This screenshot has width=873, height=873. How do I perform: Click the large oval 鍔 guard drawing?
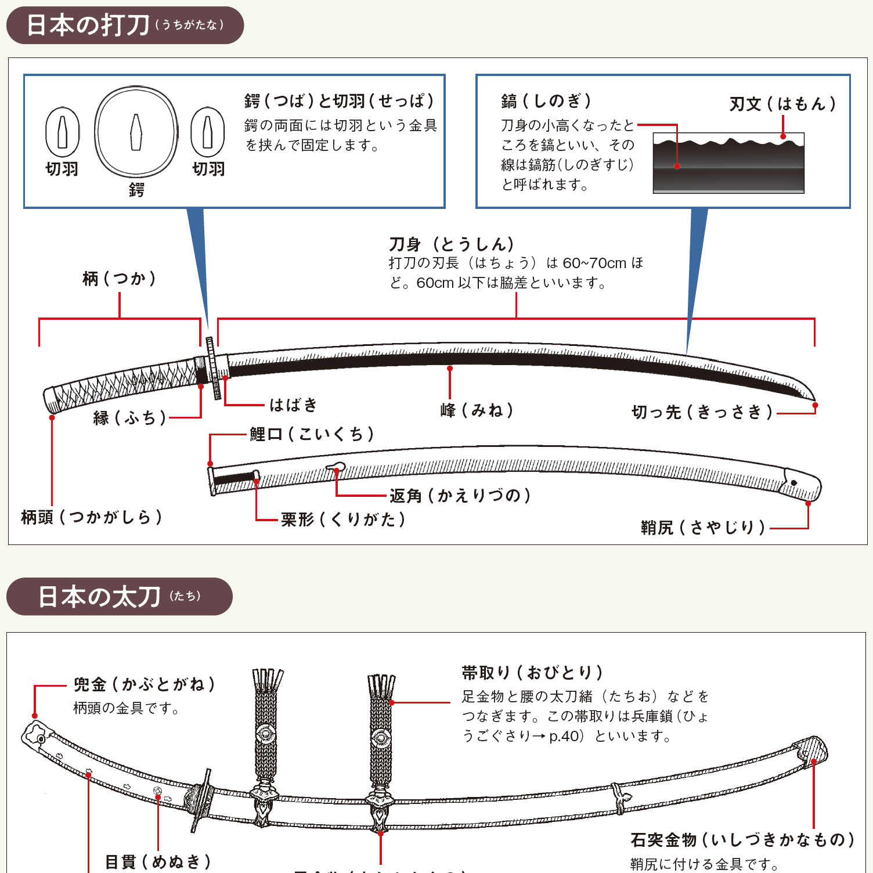pos(136,132)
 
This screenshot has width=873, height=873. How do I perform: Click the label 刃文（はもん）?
pos(782,104)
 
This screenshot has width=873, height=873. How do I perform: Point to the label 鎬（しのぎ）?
pos(546,101)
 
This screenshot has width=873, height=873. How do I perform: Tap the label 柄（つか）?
pos(119,279)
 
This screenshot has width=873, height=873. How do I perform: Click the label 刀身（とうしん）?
pos(452,244)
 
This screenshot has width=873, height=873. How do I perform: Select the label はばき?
pos(293,405)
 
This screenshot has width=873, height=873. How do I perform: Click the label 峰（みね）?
pos(477,410)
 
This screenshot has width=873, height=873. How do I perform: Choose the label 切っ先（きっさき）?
pos(702,412)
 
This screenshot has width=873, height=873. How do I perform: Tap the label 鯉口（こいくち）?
pos(312,434)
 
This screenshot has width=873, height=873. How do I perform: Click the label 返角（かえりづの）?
pos(460,495)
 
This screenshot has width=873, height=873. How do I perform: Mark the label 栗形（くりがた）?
pos(342,519)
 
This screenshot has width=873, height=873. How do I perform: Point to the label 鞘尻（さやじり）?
pos(703,528)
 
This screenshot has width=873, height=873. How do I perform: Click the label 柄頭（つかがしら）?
pos(91,517)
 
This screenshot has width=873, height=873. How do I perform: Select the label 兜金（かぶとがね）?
pos(144,684)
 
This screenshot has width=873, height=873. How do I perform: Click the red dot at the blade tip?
pos(815,405)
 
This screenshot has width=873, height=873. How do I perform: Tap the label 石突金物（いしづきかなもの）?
pos(742,840)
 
